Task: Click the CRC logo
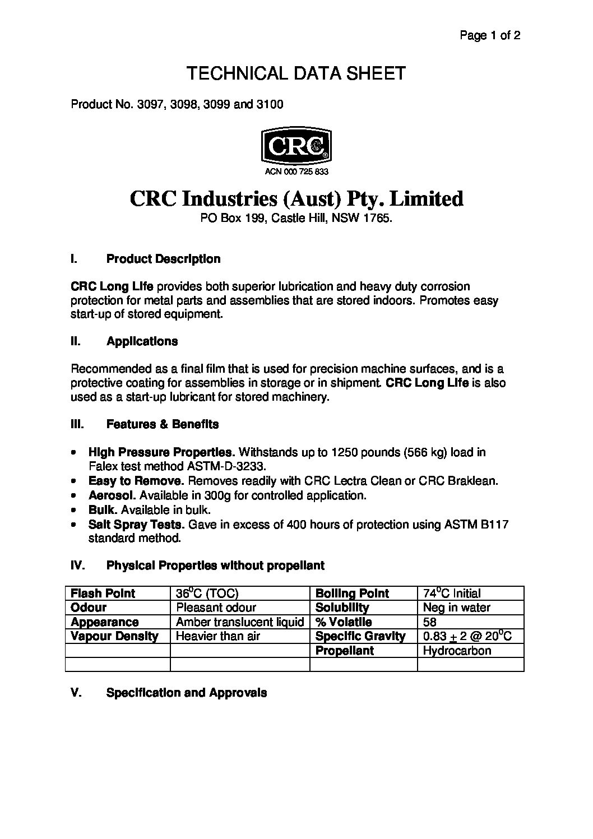[x=296, y=145]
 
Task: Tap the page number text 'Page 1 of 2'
[x=490, y=36]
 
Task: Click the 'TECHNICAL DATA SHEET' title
[x=295, y=73]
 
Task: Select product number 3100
[x=271, y=104]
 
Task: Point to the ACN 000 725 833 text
[x=296, y=172]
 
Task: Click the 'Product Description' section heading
[x=163, y=259]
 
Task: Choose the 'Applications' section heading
[x=142, y=341]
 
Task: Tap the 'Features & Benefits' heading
[x=162, y=424]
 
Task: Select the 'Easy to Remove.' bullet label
[x=136, y=481]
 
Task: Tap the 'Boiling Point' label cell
[x=352, y=594]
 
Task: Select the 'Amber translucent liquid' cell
[x=239, y=622]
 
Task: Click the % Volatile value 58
[x=430, y=622]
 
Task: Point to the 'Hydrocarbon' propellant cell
[x=457, y=651]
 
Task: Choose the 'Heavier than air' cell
[x=217, y=636]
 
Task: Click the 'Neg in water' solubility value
[x=456, y=608]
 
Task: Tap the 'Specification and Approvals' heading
[x=186, y=693]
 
